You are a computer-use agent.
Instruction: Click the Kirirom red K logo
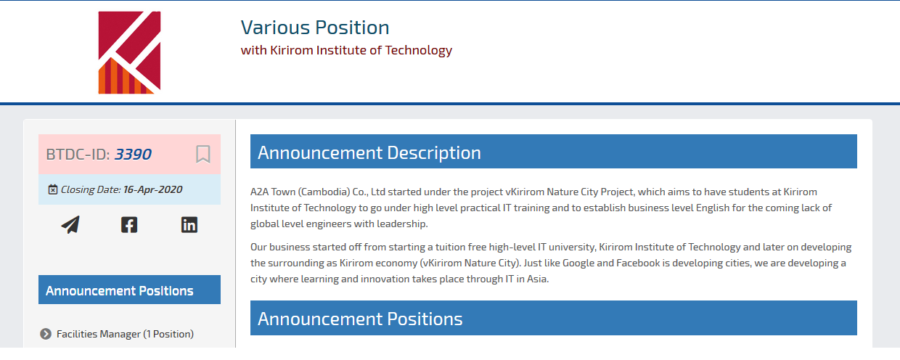tap(129, 53)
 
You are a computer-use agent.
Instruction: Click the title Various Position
tap(315, 28)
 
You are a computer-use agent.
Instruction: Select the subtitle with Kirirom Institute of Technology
tap(346, 50)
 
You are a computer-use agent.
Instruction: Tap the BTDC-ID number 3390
tap(133, 155)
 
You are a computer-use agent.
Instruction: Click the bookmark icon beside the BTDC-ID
tap(203, 155)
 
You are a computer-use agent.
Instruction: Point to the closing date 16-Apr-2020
tap(152, 189)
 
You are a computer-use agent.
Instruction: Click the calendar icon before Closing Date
tap(53, 189)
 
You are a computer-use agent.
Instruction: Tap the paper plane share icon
tap(70, 224)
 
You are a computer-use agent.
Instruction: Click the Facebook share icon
tap(129, 224)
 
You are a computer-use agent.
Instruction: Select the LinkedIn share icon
tap(189, 224)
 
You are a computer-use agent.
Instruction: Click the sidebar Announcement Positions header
tap(129, 290)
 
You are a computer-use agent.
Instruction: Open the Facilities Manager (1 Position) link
tap(125, 334)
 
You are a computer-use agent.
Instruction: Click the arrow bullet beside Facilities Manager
tap(46, 334)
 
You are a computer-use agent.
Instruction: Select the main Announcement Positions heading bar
tap(554, 318)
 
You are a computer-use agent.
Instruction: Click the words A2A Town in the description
tap(273, 192)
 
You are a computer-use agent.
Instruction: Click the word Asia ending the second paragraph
tap(538, 279)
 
